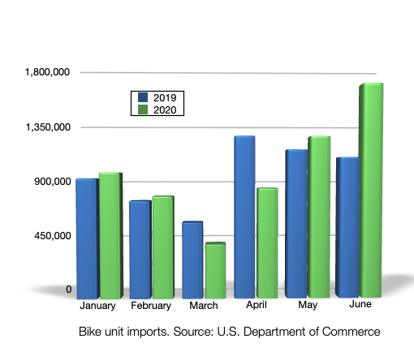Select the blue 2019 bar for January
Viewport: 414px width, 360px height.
click(x=86, y=238)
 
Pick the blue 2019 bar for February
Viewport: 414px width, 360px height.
click(x=140, y=249)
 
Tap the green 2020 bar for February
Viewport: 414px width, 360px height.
click(x=162, y=246)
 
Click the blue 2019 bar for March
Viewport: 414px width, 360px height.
click(x=192, y=259)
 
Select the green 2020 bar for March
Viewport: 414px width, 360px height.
click(x=215, y=270)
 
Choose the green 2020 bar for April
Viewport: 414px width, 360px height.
click(x=267, y=242)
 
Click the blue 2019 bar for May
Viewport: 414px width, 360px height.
click(x=296, y=224)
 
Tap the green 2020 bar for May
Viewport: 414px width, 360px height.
click(x=319, y=217)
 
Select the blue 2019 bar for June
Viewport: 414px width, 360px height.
click(x=347, y=227)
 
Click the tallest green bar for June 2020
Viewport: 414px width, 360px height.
click(x=371, y=190)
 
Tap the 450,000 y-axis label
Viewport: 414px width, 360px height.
click(x=51, y=236)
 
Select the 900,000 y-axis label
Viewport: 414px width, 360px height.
click(x=51, y=182)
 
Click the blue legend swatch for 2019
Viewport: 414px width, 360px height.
click(x=140, y=97)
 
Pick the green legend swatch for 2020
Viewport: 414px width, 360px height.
click(x=140, y=109)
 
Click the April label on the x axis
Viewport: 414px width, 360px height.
click(x=257, y=306)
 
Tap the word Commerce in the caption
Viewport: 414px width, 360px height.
click(x=348, y=332)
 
